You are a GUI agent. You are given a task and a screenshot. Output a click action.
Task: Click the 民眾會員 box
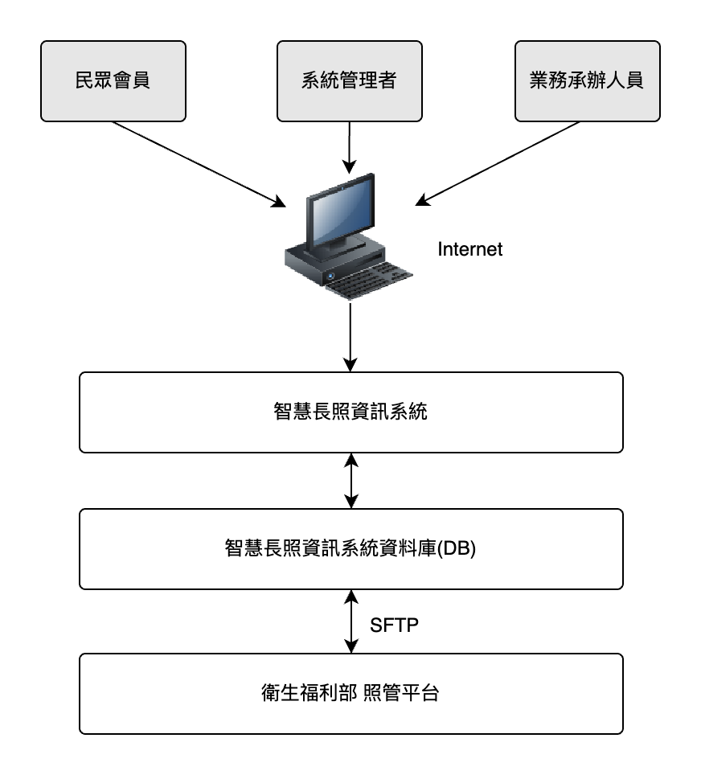(x=113, y=81)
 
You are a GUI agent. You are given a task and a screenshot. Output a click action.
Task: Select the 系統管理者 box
(x=349, y=81)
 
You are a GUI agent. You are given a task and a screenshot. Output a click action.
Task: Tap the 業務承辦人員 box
(x=587, y=81)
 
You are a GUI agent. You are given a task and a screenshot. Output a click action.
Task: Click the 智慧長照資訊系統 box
(x=351, y=412)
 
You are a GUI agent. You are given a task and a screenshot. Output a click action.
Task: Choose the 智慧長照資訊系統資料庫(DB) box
(x=351, y=549)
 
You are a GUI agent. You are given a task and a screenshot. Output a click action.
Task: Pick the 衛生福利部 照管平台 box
(x=351, y=693)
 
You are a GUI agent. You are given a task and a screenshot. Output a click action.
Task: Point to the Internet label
(x=469, y=249)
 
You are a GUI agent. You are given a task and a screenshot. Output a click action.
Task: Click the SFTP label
(x=394, y=625)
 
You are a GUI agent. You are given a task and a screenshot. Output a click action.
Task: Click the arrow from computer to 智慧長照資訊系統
(x=350, y=336)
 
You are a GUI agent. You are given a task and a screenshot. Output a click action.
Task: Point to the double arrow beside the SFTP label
(x=350, y=621)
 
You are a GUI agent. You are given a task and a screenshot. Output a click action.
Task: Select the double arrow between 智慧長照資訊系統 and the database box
(x=350, y=481)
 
